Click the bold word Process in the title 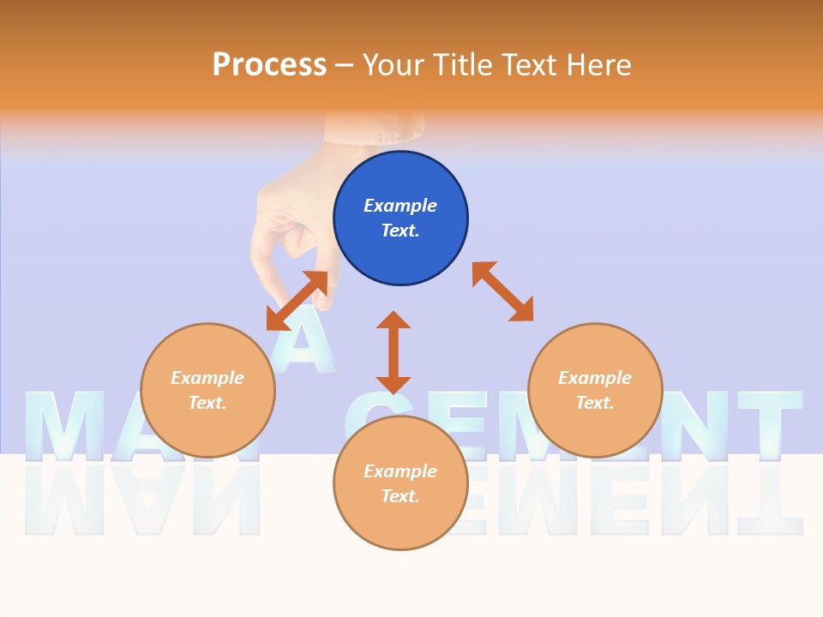tap(269, 65)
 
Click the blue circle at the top tap(400, 218)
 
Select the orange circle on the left tap(207, 390)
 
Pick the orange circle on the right tap(595, 390)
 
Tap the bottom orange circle tap(400, 482)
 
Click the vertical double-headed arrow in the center tap(393, 353)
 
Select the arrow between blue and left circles tap(297, 301)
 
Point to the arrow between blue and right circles tap(503, 292)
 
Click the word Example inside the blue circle tap(400, 206)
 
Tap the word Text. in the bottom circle tap(400, 496)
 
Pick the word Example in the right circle tap(595, 378)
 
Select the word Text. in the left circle tap(207, 403)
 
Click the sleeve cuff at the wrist tap(375, 129)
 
